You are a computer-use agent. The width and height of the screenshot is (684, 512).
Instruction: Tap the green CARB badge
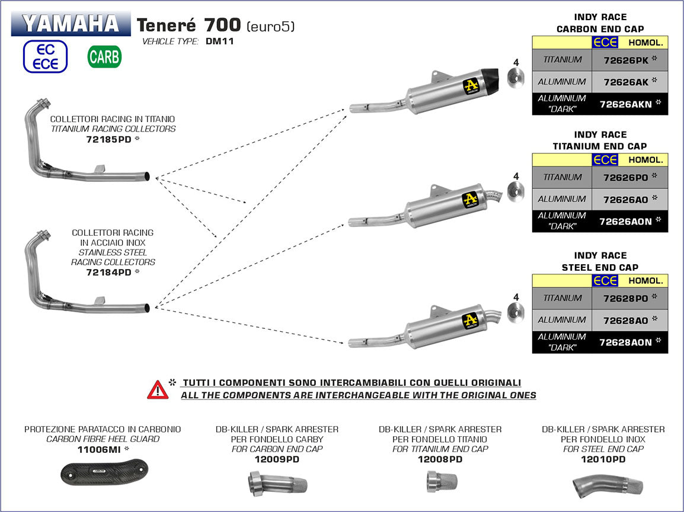click(x=104, y=57)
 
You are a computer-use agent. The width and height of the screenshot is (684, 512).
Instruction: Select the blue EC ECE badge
click(x=45, y=57)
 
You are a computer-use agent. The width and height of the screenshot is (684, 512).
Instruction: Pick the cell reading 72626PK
click(x=629, y=60)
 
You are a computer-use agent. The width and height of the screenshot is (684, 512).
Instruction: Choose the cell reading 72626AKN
click(x=629, y=104)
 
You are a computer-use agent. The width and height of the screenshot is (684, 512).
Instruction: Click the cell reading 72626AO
click(x=629, y=200)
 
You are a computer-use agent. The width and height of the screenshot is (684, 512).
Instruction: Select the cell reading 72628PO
click(x=629, y=298)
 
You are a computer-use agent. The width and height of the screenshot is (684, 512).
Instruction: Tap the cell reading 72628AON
click(x=629, y=343)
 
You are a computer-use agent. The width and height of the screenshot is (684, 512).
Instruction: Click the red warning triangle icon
click(x=158, y=389)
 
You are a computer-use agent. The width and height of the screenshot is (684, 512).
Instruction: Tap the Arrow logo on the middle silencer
click(x=471, y=199)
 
